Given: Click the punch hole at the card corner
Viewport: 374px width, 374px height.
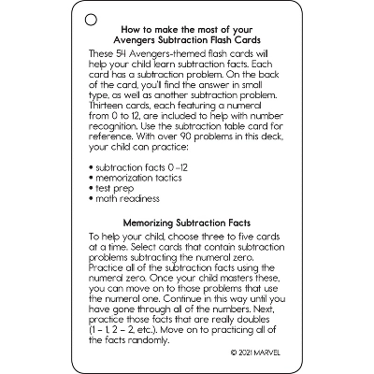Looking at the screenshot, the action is click(x=91, y=19).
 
